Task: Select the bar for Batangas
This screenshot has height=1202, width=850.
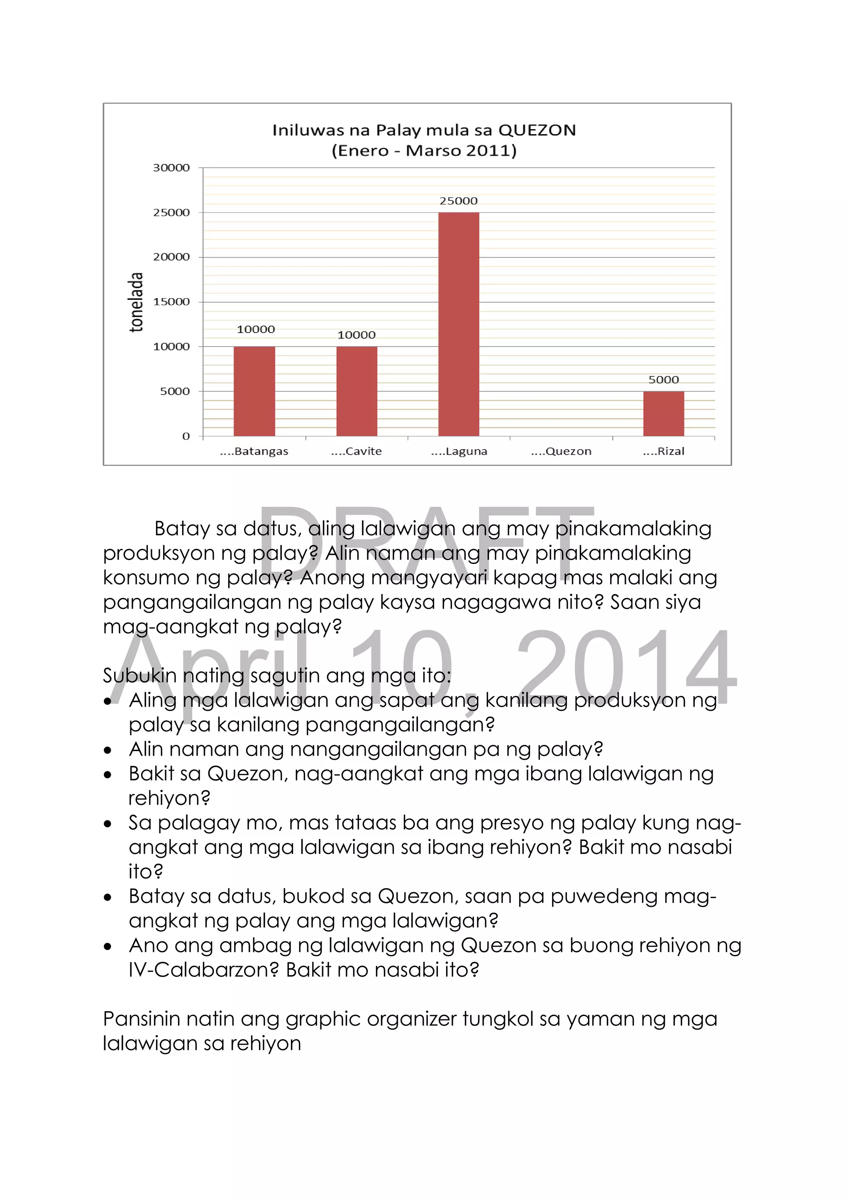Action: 254,391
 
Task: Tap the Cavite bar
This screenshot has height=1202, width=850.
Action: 357,391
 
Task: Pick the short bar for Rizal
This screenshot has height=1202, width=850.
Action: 663,414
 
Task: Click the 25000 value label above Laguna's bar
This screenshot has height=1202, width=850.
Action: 459,201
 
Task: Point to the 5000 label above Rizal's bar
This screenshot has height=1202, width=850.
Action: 663,380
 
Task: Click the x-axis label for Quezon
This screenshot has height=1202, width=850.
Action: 561,452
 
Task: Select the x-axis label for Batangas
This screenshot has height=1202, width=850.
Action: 254,452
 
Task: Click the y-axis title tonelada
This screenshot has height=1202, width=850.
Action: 136,302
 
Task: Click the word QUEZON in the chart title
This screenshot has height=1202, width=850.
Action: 537,130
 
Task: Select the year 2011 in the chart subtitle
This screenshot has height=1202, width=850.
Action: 488,151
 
